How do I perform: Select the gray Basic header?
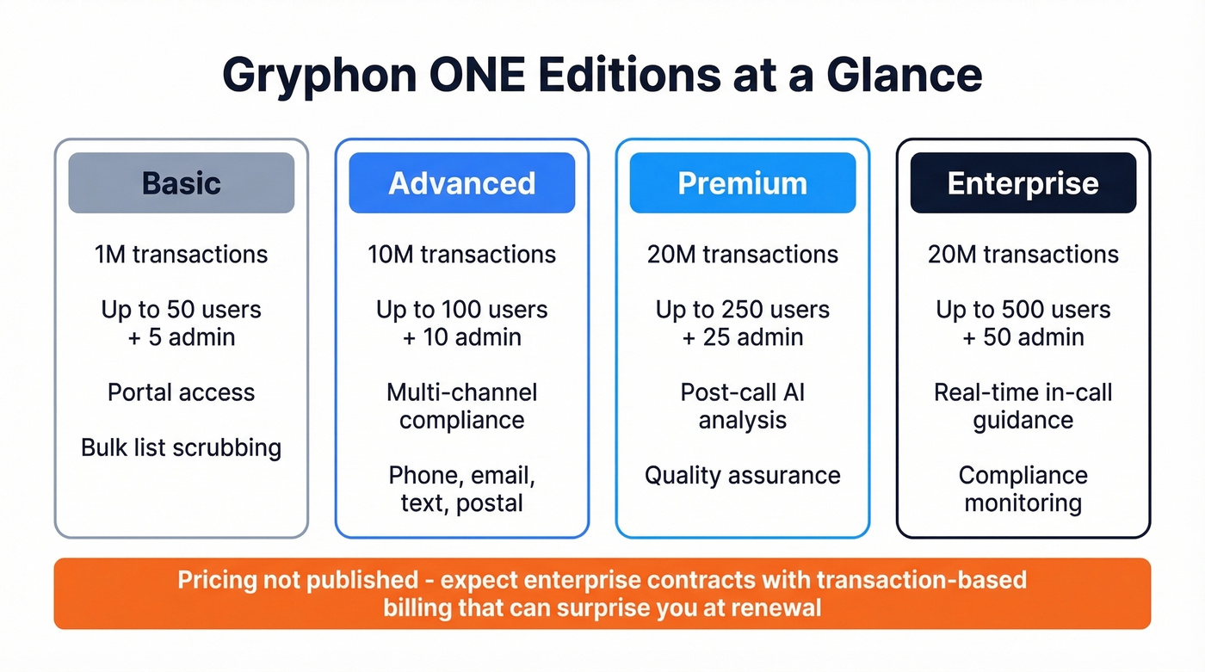pos(182,183)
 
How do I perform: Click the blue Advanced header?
pos(462,183)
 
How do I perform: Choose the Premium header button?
pos(743,183)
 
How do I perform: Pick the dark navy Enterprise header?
pos(1023,183)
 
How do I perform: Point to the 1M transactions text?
pos(182,255)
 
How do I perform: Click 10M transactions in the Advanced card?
pos(462,255)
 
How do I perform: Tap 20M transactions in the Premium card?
pos(743,255)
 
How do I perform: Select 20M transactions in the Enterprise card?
pos(1023,255)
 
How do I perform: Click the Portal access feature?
pos(182,392)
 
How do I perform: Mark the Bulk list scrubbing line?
pos(182,447)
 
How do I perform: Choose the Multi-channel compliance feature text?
pos(462,406)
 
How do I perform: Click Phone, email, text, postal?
pos(462,489)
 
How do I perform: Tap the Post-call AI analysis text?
pos(743,406)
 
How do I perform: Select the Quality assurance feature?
pos(743,475)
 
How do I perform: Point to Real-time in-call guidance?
pos(1023,406)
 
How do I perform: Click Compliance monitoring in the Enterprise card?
pos(1023,489)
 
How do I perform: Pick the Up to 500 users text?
pos(1023,310)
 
